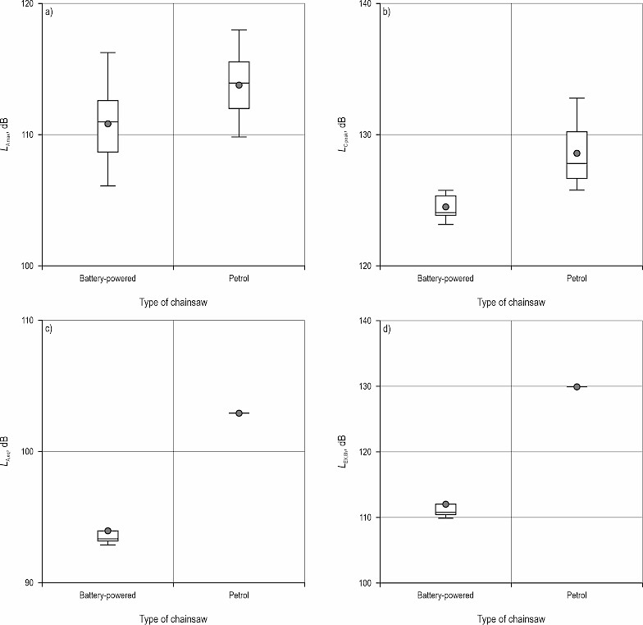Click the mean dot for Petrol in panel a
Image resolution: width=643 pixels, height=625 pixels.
click(239, 85)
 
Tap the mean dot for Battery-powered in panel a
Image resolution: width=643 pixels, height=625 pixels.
click(107, 124)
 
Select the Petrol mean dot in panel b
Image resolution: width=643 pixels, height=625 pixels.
click(577, 153)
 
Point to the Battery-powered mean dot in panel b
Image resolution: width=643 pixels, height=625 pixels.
click(445, 207)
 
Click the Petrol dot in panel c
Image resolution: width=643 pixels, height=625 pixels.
click(239, 413)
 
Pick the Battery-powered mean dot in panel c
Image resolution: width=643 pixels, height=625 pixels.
click(107, 531)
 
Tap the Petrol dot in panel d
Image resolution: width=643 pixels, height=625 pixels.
click(577, 386)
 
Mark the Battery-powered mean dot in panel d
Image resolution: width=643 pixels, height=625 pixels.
click(445, 504)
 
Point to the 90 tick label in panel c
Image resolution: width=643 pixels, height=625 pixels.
click(34, 583)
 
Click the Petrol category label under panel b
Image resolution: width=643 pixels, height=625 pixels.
click(577, 279)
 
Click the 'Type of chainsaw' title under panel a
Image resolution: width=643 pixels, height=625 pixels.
click(173, 303)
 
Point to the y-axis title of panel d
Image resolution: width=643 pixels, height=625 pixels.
click(344, 451)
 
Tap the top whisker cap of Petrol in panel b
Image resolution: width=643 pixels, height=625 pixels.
click(577, 98)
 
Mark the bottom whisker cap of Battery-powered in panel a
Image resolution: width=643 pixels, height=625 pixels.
click(107, 186)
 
